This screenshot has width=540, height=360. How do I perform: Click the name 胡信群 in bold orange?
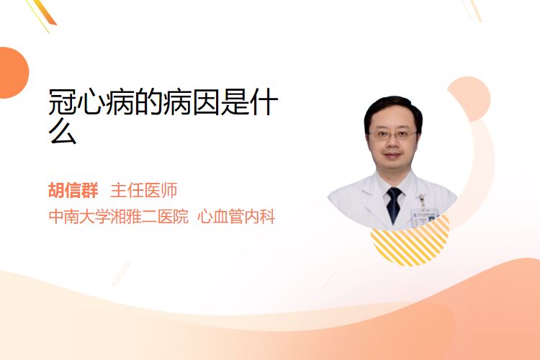coord(73,190)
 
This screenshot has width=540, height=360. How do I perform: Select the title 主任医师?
coord(144,190)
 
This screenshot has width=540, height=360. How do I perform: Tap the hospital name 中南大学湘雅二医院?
coord(119,217)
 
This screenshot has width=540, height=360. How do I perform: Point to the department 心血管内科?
coord(236,217)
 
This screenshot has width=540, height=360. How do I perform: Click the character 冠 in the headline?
coord(63,102)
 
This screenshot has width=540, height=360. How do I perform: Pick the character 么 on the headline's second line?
coord(63,130)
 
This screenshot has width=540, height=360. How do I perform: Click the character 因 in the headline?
coord(206,102)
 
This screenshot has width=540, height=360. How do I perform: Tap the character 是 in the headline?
coord(235,102)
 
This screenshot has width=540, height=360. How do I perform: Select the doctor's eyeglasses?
coord(392,135)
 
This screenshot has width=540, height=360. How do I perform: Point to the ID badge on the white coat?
coord(424,215)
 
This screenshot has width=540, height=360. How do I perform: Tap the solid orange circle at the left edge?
coord(13,73)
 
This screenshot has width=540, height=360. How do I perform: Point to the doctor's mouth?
coord(392,156)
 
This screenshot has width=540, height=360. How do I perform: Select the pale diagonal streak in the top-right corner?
coord(472,10)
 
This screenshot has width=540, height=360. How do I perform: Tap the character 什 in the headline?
coord(264,102)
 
